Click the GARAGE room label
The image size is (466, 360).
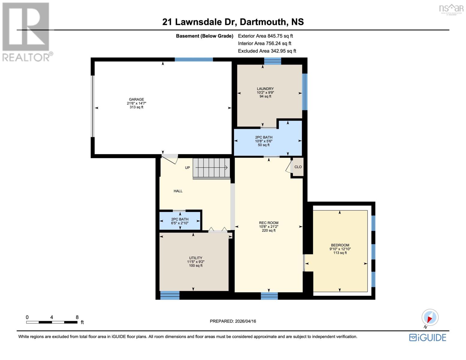[x=136, y=99]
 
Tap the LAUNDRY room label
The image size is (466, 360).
[x=265, y=89]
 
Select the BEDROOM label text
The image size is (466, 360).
[x=340, y=245]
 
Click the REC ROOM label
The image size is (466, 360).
[x=269, y=223]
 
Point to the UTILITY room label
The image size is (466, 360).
[x=196, y=258]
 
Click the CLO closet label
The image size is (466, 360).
[x=298, y=167]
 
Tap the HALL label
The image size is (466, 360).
[x=178, y=191]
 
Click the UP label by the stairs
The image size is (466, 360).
[x=187, y=168]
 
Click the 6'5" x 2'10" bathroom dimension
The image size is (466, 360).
[x=180, y=223]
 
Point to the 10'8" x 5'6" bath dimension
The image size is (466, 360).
[x=264, y=141]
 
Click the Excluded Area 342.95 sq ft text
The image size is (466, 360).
[x=267, y=51]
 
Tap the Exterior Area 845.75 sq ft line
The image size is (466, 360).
[x=265, y=36]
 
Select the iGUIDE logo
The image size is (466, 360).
[x=428, y=337]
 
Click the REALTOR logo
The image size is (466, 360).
[x=26, y=31]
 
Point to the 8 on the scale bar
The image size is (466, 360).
[x=77, y=317]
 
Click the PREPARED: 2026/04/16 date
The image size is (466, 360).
[x=233, y=321]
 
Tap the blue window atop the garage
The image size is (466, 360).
[x=194, y=59]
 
